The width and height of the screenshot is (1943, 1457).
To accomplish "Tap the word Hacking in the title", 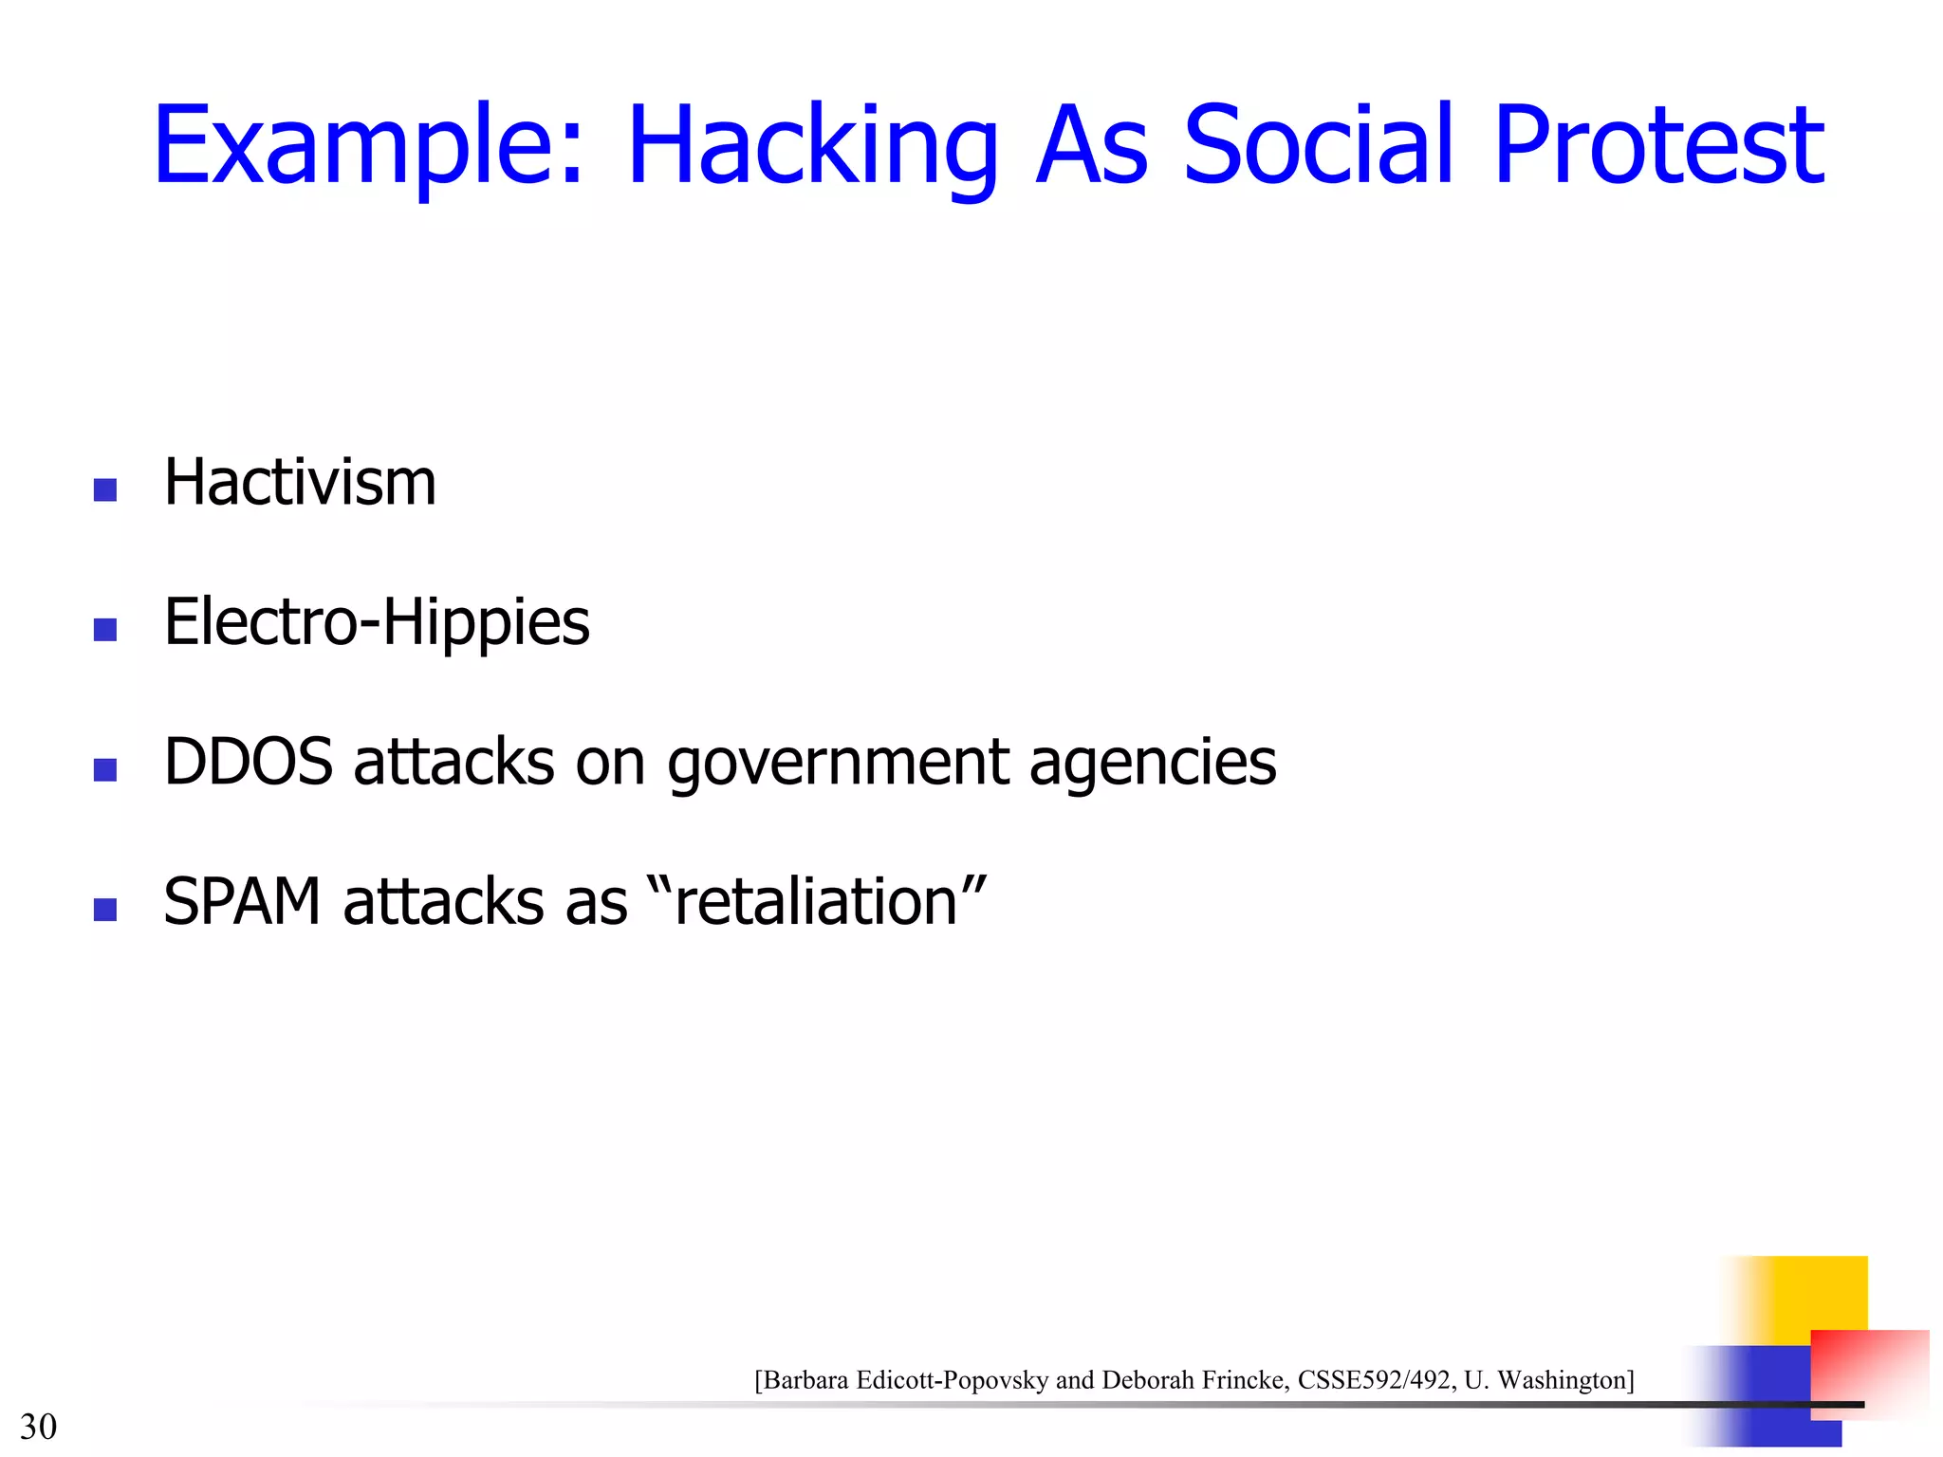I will [812, 147].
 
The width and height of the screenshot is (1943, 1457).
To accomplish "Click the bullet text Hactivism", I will [300, 483].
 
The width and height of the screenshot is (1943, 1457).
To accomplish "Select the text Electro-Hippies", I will [377, 623].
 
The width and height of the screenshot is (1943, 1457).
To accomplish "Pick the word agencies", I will [1153, 764].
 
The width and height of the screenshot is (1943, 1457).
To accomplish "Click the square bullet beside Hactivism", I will [105, 489].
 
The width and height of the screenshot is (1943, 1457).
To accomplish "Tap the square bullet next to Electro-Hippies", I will [105, 630].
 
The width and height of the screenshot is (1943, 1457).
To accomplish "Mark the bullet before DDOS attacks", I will [105, 769].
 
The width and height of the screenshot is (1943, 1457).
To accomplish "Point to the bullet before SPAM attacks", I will [105, 910].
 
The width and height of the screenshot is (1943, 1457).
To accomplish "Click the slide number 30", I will [38, 1427].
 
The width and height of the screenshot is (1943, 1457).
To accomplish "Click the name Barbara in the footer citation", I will [805, 1380].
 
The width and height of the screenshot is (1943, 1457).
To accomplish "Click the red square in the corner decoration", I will [1874, 1366].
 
